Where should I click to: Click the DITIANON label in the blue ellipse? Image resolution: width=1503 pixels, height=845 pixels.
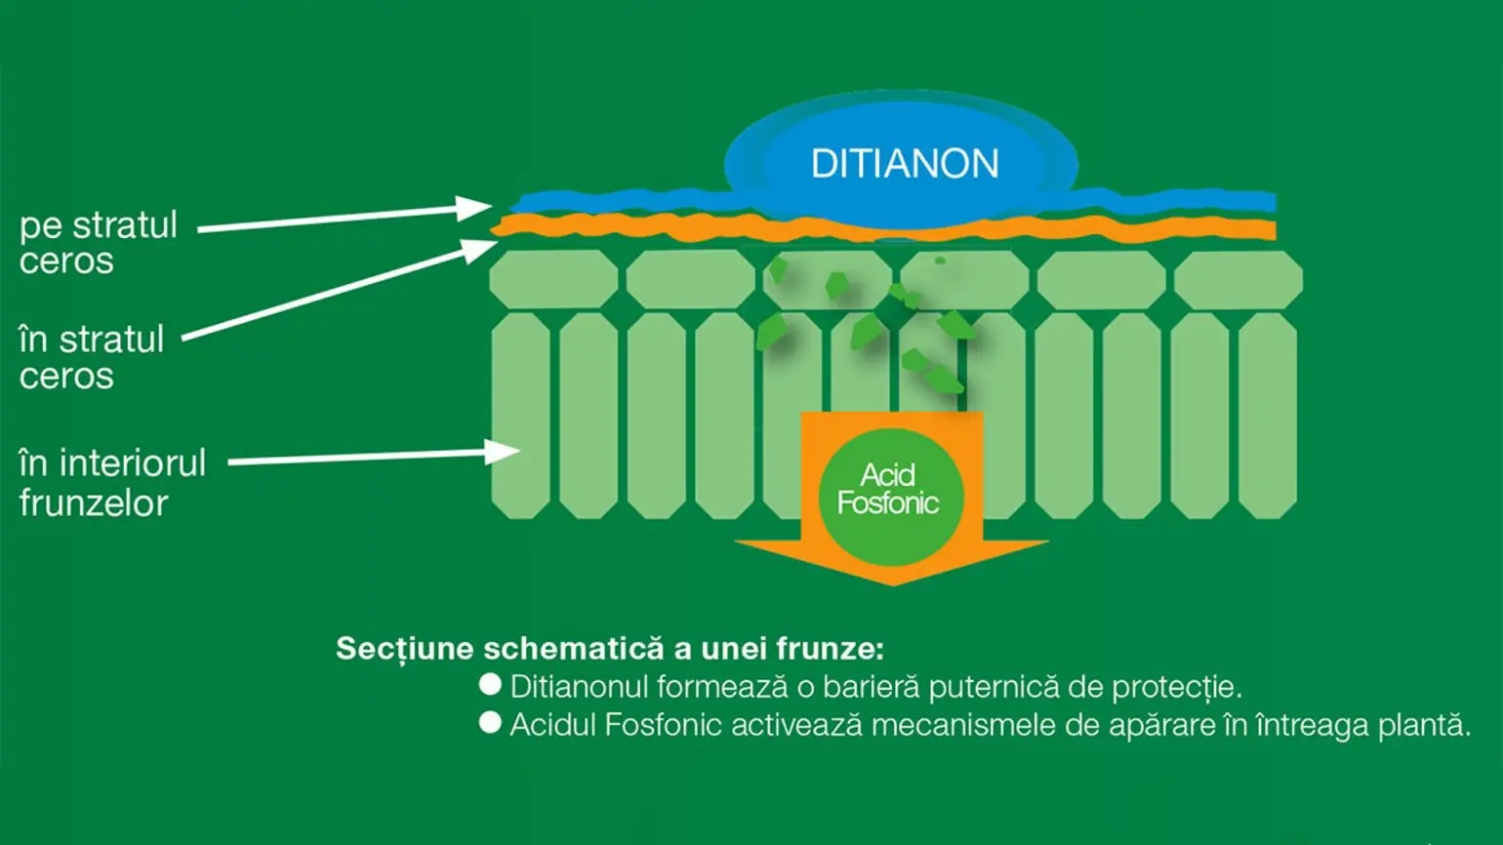click(905, 164)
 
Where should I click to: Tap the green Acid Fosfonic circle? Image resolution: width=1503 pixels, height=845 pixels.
click(890, 496)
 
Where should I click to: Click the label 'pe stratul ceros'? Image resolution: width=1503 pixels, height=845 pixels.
click(98, 243)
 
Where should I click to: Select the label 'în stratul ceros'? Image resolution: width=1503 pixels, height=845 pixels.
click(91, 357)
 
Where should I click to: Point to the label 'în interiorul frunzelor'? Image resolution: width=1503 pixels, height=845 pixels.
click(112, 482)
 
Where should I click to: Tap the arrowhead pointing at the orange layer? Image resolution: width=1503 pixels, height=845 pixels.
click(482, 249)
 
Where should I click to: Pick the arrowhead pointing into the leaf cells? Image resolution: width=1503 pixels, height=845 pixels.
click(506, 451)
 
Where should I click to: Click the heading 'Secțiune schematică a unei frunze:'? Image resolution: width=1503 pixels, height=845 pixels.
click(610, 649)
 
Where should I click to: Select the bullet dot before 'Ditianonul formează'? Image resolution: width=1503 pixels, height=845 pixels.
click(490, 685)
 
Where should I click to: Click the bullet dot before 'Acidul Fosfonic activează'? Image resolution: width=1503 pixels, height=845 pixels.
click(490, 723)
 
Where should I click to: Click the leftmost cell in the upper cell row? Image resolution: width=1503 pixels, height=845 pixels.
click(553, 280)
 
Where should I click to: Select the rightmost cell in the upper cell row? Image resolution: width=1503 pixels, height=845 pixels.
click(1238, 280)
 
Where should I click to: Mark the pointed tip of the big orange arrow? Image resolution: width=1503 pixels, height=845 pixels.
click(892, 583)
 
